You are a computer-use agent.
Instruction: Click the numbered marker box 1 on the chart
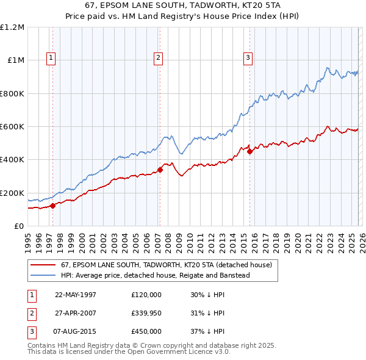click(x=51, y=58)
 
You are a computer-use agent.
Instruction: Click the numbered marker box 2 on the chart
click(x=158, y=58)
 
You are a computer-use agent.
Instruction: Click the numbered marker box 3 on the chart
click(x=248, y=58)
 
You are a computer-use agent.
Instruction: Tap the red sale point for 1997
click(x=52, y=206)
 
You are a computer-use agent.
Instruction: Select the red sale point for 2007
click(x=160, y=170)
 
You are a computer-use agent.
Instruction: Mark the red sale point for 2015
click(x=249, y=152)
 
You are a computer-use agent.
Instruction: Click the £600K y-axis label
click(x=12, y=127)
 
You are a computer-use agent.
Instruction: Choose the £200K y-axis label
click(x=12, y=193)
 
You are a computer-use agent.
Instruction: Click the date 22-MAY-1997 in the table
click(x=76, y=294)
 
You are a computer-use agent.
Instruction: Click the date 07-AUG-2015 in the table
click(x=76, y=331)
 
